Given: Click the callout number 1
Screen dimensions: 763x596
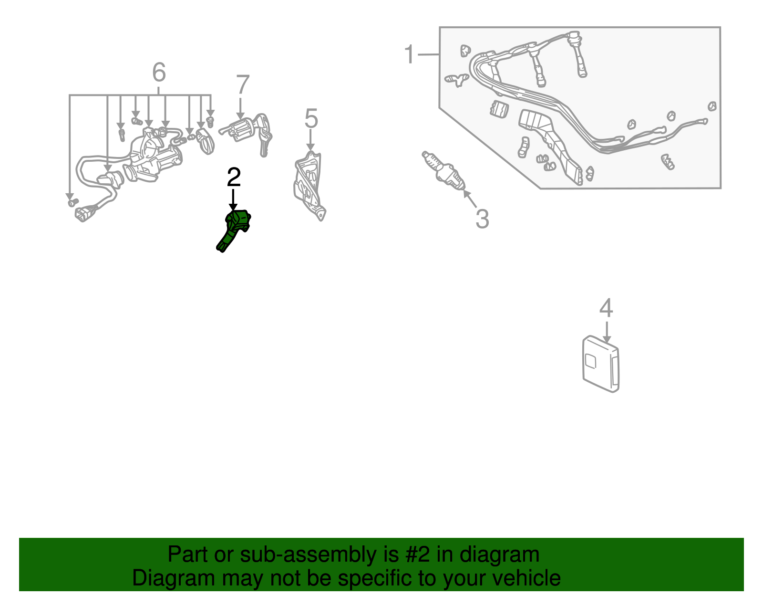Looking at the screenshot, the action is (x=409, y=54).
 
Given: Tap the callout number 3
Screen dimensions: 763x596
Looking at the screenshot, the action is (x=482, y=219).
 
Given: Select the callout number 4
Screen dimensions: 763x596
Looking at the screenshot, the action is (x=606, y=308).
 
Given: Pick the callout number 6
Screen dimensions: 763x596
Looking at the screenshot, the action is (x=159, y=73).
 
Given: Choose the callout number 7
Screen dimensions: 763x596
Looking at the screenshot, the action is (x=243, y=84).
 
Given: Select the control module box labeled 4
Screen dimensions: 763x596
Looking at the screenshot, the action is (x=601, y=364).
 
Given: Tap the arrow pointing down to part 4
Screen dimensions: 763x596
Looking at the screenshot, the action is (x=607, y=332).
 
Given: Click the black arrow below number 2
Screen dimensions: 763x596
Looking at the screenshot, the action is (x=233, y=200).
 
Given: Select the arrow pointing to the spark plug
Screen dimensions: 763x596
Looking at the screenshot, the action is (x=470, y=199).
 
